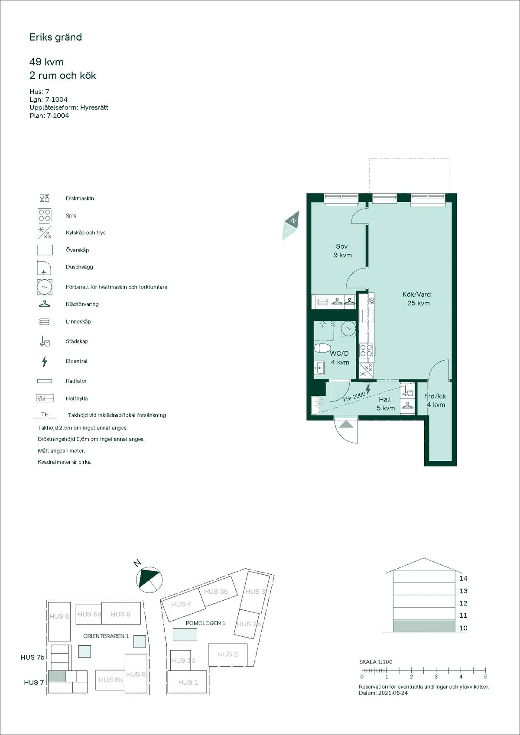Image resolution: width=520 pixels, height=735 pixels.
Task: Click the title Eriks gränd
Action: (55, 37)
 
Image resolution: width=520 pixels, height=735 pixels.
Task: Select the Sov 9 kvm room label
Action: (342, 251)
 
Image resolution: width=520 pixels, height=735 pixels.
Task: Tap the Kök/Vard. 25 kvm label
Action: (418, 299)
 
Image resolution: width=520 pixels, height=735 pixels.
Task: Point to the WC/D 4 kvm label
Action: (340, 358)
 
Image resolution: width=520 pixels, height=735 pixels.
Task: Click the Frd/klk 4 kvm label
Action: (435, 400)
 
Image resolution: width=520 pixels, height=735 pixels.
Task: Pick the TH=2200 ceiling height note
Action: (354, 397)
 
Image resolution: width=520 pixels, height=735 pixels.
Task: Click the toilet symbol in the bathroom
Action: (322, 348)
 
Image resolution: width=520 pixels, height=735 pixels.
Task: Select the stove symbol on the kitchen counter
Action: (366, 350)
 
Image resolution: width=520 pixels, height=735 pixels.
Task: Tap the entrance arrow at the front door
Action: (346, 424)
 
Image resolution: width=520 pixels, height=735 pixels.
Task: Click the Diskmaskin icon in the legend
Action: (45, 198)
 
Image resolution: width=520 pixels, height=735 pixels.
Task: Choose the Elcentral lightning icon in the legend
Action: (44, 361)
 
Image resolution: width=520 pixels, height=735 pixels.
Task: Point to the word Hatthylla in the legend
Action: (77, 398)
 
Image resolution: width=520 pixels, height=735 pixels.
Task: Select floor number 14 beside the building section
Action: (463, 578)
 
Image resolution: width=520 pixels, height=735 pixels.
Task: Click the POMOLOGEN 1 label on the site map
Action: (205, 623)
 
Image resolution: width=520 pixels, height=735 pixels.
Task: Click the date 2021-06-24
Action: (393, 693)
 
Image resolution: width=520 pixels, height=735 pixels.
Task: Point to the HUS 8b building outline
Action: (110, 680)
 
